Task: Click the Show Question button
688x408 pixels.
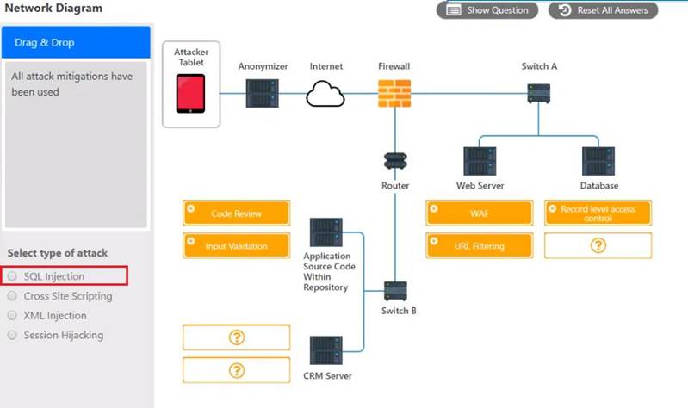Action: pos(488,10)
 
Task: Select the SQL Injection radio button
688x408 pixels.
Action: pos(12,276)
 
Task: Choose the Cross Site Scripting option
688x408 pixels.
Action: pos(12,296)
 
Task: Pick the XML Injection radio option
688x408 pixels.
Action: pos(12,316)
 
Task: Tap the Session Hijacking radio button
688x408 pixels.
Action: pos(12,335)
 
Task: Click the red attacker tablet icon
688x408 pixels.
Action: pos(190,93)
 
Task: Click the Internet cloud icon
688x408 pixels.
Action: pos(325,93)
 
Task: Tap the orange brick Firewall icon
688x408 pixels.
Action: pos(394,93)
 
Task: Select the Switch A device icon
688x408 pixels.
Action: pos(539,93)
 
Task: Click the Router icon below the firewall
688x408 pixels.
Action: pos(395,161)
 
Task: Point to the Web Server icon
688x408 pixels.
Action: pos(480,162)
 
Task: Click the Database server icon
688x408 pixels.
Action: pos(598,162)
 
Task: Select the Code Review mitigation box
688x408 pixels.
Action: pos(236,213)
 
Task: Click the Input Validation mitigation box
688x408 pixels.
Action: pos(236,246)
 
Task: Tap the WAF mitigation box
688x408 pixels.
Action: pos(480,213)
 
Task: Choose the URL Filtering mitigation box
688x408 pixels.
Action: pos(480,246)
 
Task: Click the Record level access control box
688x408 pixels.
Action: pos(598,213)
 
